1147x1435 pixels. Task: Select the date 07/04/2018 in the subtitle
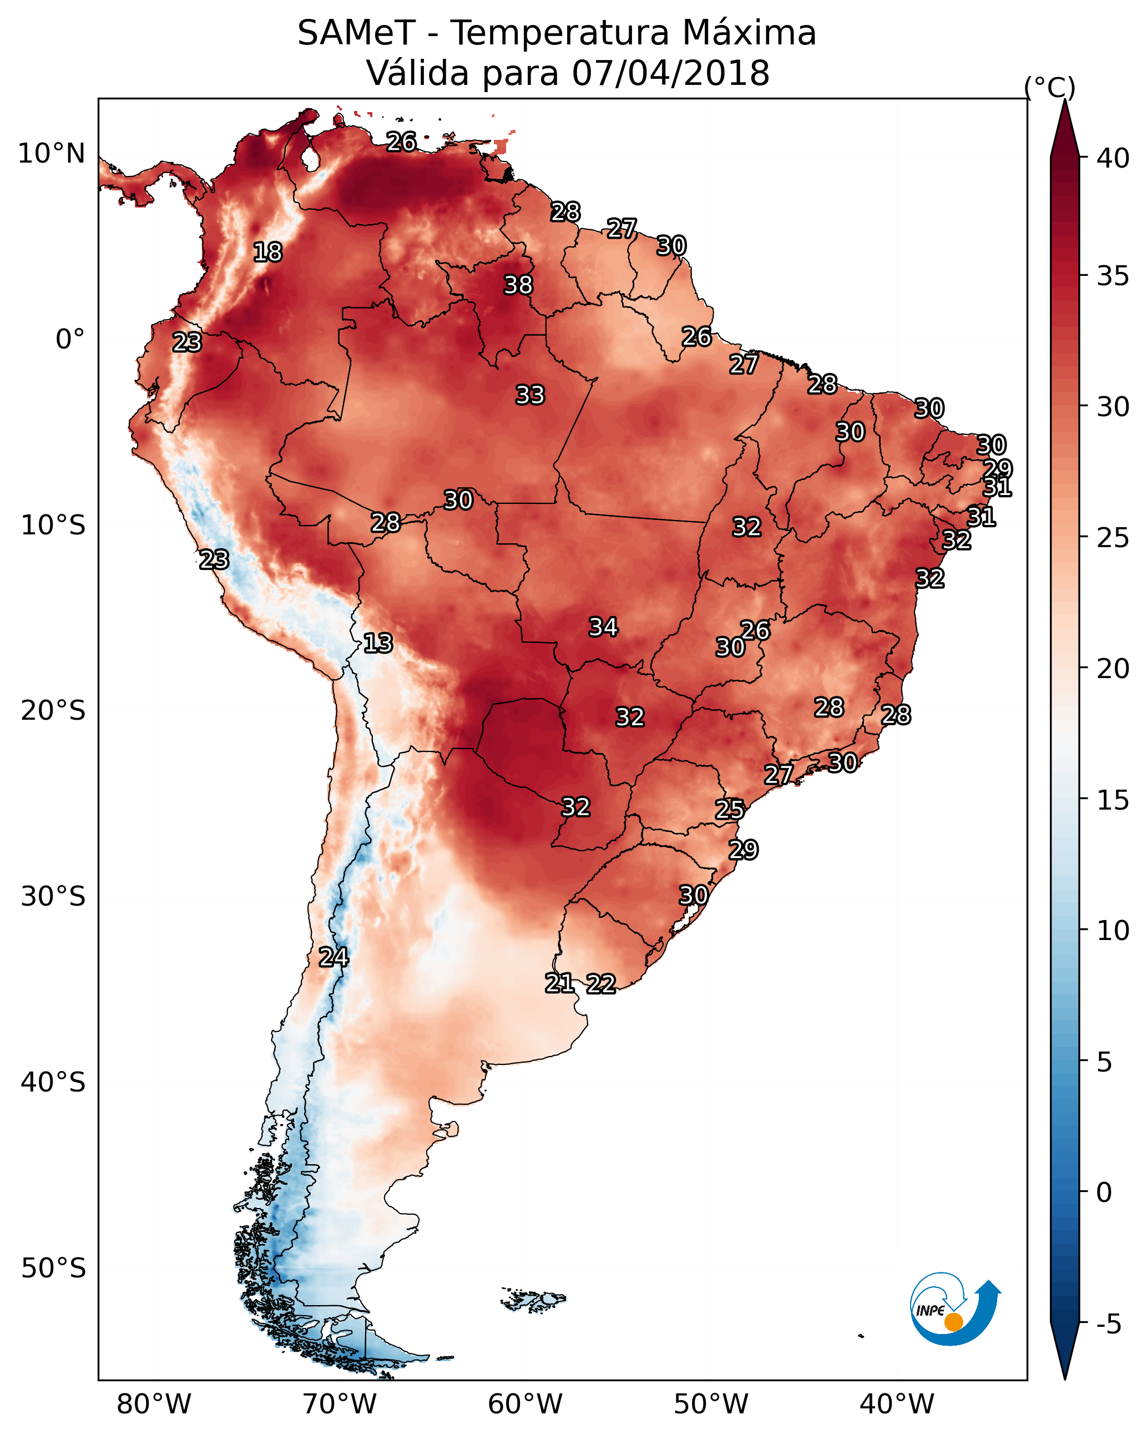[x=670, y=73]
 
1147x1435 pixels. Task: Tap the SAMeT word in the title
[x=356, y=33]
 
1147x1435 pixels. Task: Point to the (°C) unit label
[x=1050, y=87]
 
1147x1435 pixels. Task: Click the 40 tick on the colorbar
[x=1113, y=158]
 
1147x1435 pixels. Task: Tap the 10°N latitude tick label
[x=51, y=154]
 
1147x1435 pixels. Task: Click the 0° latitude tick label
[x=70, y=340]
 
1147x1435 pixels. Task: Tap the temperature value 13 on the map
[x=378, y=643]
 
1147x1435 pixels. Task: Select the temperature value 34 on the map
[x=603, y=626]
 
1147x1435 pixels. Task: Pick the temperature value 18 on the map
[x=267, y=252]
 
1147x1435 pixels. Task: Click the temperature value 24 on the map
[x=334, y=957]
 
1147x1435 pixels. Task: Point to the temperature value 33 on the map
[x=530, y=395]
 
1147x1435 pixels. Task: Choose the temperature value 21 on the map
[x=560, y=982]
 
